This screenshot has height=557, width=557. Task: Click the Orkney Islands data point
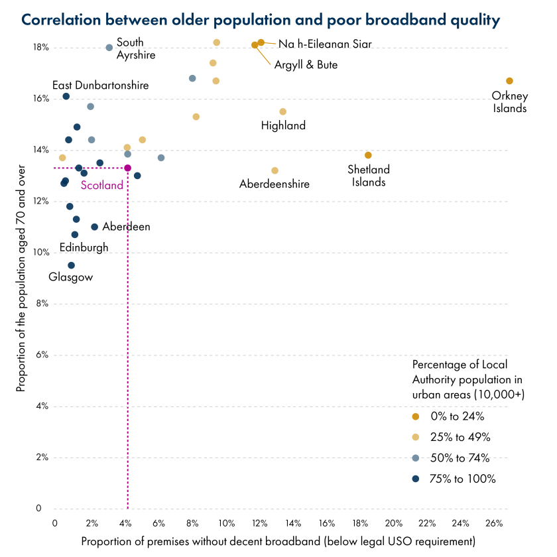(509, 81)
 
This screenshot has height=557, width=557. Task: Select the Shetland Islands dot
(368, 155)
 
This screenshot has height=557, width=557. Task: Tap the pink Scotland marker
(128, 168)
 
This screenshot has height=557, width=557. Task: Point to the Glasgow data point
(71, 265)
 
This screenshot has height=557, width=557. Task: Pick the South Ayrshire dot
(109, 48)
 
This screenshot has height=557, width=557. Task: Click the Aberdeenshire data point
(275, 170)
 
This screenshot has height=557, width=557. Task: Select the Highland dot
(282, 111)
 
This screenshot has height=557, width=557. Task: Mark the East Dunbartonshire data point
(66, 96)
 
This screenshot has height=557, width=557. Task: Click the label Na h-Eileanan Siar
(325, 44)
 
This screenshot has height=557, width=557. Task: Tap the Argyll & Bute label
(306, 65)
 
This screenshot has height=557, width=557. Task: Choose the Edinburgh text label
(84, 247)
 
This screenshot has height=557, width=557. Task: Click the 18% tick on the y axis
(42, 48)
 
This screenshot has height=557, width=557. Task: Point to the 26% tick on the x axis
(494, 523)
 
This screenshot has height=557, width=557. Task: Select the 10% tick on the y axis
(42, 253)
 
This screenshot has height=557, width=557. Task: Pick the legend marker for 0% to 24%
(416, 416)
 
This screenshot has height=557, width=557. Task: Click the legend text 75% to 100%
(463, 479)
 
